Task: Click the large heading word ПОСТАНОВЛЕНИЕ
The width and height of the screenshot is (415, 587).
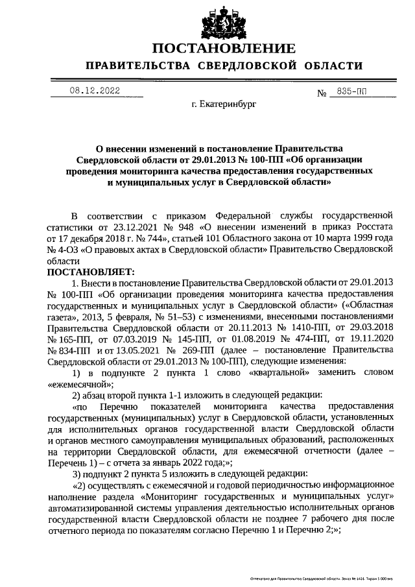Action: click(x=224, y=49)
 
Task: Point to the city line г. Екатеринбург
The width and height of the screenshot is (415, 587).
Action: click(x=224, y=104)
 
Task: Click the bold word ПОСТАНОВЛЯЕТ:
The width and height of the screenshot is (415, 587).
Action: click(x=90, y=271)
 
